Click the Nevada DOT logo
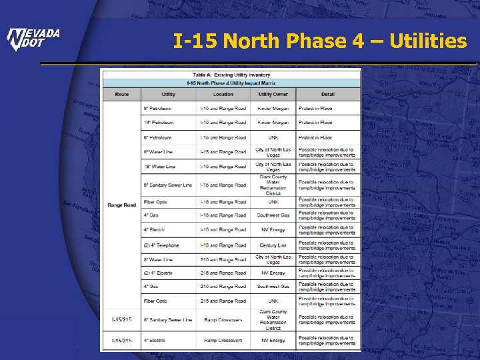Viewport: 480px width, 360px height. (x=33, y=39)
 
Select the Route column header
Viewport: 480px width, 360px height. (x=121, y=94)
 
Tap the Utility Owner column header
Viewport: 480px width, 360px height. (x=273, y=94)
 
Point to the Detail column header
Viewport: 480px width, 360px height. (x=327, y=94)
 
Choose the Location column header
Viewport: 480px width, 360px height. (x=223, y=94)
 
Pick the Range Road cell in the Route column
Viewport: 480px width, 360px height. (x=121, y=205)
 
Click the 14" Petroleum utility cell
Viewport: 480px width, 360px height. (x=158, y=123)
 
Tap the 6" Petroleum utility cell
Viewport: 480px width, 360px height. (x=157, y=137)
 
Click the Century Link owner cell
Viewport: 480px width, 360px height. (x=273, y=245)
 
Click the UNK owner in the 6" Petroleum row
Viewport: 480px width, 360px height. (x=273, y=137)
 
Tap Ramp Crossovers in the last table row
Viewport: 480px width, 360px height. (x=223, y=341)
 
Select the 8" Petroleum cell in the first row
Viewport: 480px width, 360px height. (x=157, y=108)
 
